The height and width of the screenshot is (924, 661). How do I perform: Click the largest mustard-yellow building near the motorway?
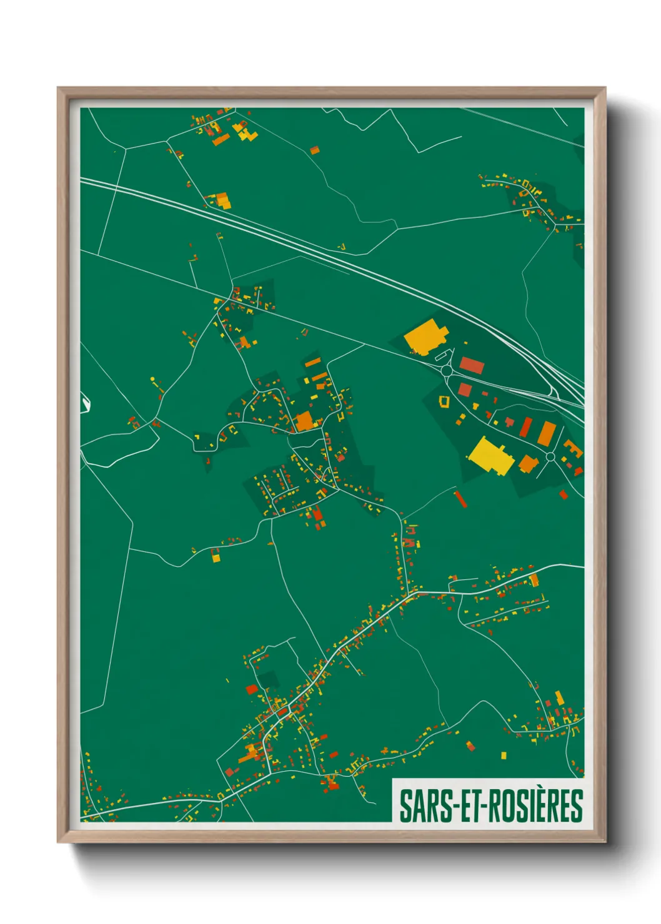click(x=425, y=337)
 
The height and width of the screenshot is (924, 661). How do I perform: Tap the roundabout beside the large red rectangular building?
click(x=446, y=371)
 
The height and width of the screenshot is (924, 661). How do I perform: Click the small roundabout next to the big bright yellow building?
click(x=550, y=456)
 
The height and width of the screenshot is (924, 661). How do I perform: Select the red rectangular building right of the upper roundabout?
click(x=472, y=365)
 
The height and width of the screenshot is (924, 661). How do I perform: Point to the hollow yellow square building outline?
click(x=445, y=401)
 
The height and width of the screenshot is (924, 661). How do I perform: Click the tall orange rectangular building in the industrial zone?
click(x=547, y=433)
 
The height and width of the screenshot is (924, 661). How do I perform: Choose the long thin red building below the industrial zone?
click(x=461, y=499)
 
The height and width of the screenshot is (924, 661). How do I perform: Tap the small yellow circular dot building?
click(x=152, y=379)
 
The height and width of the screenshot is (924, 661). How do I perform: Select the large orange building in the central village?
click(x=304, y=421)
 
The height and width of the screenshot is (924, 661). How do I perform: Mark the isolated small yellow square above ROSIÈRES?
click(x=504, y=755)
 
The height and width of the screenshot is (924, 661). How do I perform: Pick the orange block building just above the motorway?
click(x=222, y=201)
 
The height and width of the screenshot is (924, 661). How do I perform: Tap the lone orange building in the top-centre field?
click(x=315, y=150)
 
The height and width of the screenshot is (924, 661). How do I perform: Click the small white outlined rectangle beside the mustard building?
click(x=442, y=356)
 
